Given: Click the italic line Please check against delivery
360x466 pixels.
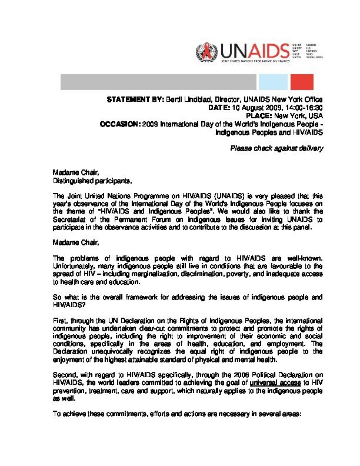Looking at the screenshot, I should click(x=277, y=148).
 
